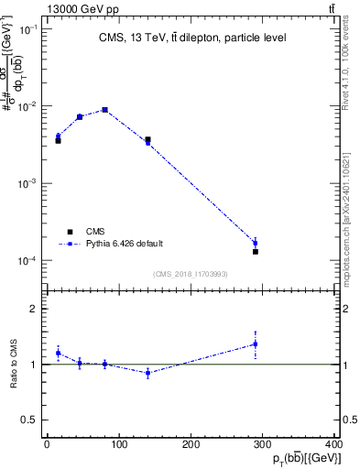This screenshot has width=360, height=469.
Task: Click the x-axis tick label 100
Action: click(x=119, y=444)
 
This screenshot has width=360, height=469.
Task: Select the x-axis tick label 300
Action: click(x=265, y=444)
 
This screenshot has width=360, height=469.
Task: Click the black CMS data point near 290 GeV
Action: click(x=256, y=251)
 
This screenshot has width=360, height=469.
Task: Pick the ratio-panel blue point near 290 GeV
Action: click(x=256, y=344)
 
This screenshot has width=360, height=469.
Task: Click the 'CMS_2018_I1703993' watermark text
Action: click(x=191, y=274)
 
